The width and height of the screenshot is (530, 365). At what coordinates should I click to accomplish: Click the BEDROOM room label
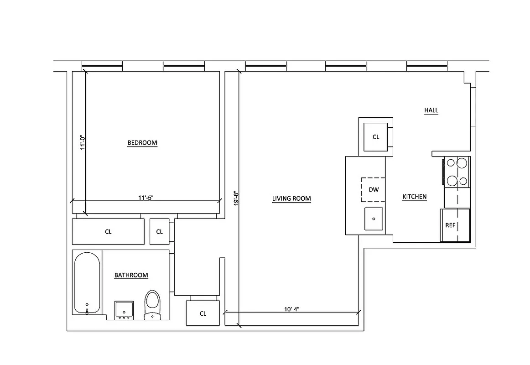(x=142, y=143)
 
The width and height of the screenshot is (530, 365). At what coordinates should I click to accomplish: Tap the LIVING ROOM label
(x=291, y=199)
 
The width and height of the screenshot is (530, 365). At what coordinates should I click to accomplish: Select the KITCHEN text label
(x=415, y=197)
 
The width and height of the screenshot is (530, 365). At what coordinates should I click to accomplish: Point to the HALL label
(x=431, y=110)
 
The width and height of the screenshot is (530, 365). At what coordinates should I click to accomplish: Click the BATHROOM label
(x=131, y=275)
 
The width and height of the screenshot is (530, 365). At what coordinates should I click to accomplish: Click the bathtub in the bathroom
(x=87, y=283)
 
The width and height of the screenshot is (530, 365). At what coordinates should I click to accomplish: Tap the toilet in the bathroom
(x=152, y=305)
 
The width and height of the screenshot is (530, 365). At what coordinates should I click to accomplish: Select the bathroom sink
(x=124, y=310)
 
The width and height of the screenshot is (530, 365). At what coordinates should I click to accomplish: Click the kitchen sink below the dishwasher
(x=374, y=219)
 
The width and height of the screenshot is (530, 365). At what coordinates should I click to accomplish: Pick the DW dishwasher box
(x=374, y=189)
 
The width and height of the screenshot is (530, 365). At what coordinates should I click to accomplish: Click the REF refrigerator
(x=455, y=225)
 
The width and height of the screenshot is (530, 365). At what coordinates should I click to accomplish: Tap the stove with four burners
(x=457, y=172)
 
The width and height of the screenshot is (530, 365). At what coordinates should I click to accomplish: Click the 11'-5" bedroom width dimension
(x=149, y=198)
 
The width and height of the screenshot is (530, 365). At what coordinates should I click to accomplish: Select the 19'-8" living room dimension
(x=236, y=199)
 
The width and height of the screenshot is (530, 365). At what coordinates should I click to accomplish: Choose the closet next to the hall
(x=376, y=137)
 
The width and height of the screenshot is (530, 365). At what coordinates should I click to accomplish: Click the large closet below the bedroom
(x=108, y=232)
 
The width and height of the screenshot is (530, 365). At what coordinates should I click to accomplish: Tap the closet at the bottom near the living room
(x=203, y=313)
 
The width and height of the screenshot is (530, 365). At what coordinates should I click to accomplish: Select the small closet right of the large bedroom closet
(x=160, y=232)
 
